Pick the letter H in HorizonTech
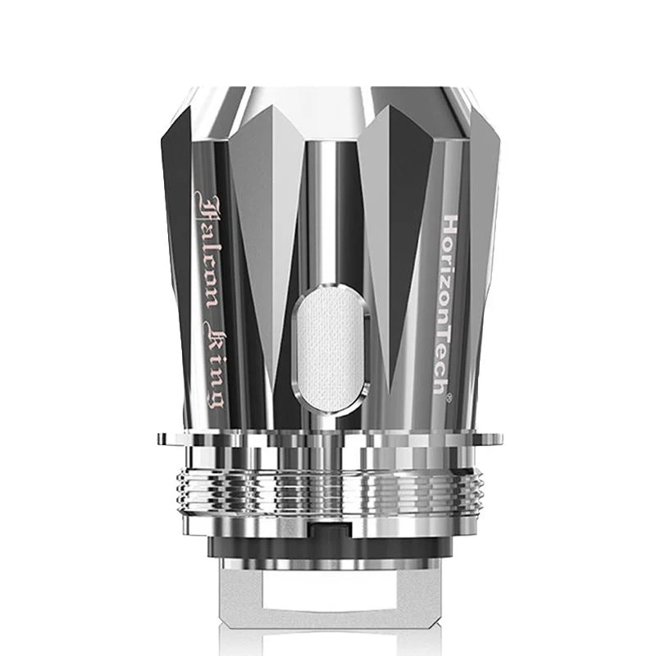[450, 225]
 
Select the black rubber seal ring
[328, 545]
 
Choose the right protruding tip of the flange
[497, 439]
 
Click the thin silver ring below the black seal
[328, 564]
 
